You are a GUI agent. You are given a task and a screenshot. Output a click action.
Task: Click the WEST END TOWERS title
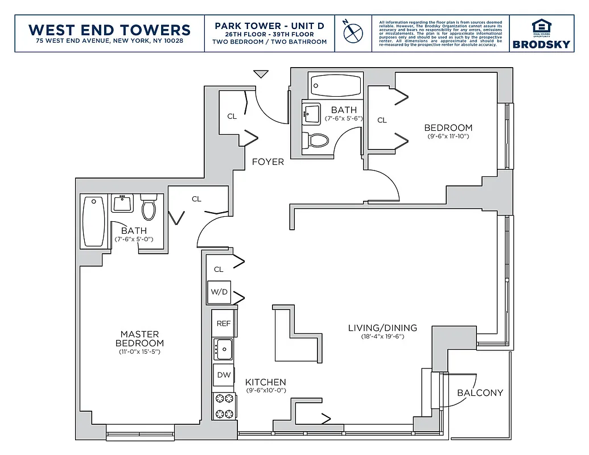coord(109,30)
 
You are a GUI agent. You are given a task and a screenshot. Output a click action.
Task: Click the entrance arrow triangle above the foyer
coord(261,74)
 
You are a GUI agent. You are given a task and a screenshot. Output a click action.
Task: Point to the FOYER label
coord(267,162)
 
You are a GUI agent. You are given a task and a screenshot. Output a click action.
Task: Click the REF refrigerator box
coord(224,323)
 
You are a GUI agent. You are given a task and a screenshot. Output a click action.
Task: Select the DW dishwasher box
coord(223,375)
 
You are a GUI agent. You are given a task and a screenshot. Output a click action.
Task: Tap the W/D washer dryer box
coord(219,292)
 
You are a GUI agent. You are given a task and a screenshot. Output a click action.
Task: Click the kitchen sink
coord(224,349)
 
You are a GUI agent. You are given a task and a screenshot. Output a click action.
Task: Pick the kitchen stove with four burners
coord(223,406)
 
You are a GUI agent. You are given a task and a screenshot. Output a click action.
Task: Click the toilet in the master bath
coord(149,208)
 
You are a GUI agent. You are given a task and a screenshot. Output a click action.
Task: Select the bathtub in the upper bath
coord(335,85)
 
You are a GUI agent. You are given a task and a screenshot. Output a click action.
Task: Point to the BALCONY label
coord(480,393)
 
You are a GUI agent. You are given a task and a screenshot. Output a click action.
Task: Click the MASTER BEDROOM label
coord(139,338)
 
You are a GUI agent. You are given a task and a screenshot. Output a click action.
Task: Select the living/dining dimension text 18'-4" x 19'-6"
coord(382,337)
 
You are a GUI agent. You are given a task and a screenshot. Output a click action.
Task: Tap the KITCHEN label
coord(265,382)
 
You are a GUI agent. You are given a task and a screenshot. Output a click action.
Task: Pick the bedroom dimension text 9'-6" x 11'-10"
coord(448,136)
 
